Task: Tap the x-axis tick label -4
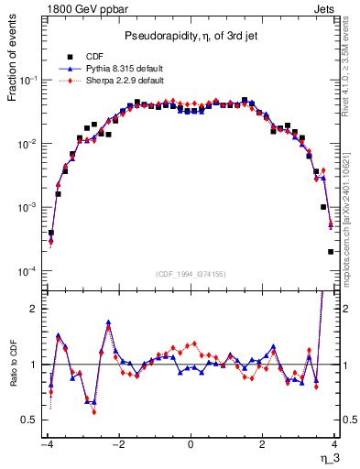tap(47, 443)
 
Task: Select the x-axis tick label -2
tap(118, 443)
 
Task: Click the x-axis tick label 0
tap(191, 443)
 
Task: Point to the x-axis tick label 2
tap(262, 443)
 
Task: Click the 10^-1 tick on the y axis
tap(29, 81)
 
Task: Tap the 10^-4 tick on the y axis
tap(29, 272)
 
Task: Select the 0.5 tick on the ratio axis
tap(29, 420)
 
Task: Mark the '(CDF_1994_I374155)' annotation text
tap(191, 274)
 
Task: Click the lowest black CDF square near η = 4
tap(331, 252)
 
